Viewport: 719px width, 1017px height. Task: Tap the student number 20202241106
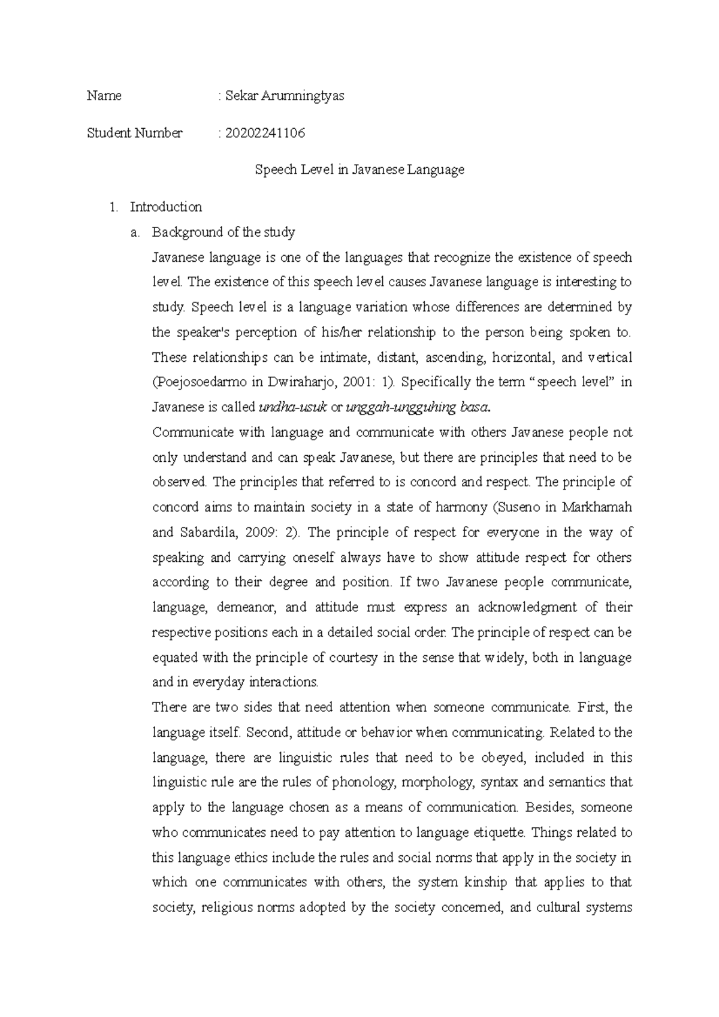265,133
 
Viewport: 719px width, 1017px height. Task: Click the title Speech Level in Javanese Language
359,170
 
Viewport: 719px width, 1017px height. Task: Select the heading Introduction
165,207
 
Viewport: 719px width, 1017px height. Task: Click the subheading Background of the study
223,232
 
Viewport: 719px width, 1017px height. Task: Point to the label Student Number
134,133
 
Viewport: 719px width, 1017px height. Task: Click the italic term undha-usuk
292,408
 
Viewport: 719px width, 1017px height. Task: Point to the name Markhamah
597,508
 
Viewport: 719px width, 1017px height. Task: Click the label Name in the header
104,96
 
